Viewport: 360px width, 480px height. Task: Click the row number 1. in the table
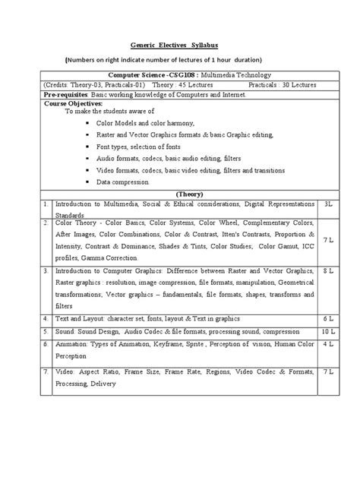(x=47, y=204)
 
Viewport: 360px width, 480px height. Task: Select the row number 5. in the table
(x=47, y=332)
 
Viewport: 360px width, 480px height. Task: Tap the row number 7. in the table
(x=47, y=373)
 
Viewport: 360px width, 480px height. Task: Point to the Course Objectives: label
(x=68, y=102)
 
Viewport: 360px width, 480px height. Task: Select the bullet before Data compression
(x=89, y=182)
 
